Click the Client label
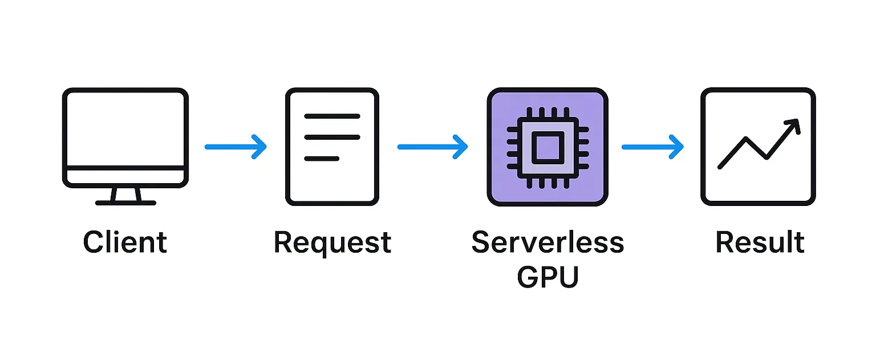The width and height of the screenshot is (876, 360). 125,242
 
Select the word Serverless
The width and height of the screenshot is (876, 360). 547,242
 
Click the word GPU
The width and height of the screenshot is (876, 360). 547,277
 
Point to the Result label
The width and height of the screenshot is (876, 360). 759,242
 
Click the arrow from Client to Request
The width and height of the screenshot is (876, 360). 235,147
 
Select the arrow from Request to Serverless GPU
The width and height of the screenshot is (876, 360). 432,147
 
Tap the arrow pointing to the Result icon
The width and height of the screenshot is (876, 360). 652,147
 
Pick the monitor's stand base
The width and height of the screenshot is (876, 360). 125,203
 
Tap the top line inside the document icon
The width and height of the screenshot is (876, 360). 332,116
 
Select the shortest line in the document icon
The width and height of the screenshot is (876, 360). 322,158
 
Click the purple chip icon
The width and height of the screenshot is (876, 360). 547,147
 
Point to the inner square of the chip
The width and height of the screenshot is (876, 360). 547,147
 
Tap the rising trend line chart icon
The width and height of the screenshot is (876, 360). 758,147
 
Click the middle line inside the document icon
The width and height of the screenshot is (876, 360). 332,137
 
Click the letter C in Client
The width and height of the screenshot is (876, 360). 93,242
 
